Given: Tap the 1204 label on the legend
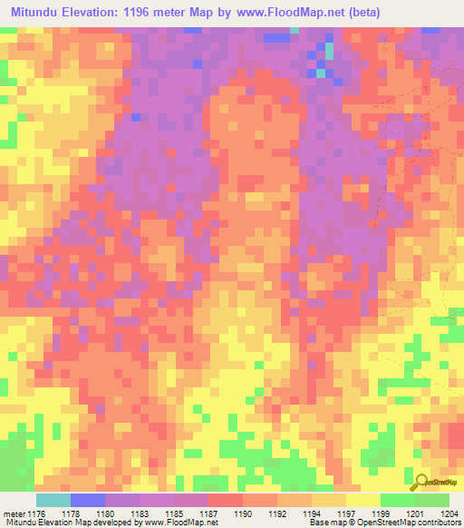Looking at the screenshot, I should pos(449,514).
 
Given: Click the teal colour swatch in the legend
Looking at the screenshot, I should pos(53,500).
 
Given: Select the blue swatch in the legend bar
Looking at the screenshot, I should pos(87,500).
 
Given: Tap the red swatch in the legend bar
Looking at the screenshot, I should pos(225,500).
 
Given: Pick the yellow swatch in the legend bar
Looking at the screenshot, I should pos(362,500).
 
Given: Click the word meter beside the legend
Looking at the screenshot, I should pos(14,514).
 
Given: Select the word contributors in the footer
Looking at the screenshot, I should pos(437,523).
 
